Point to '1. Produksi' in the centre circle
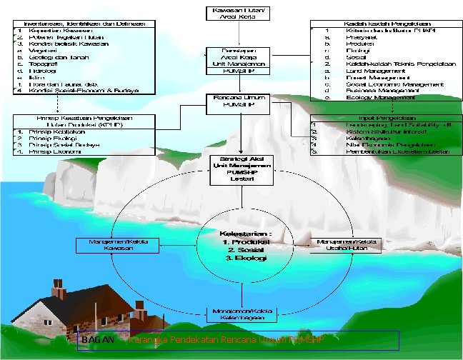tap(246, 244)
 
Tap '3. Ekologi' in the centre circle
tap(244, 258)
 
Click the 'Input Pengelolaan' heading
tap(381, 118)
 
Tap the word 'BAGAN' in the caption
tap(97, 340)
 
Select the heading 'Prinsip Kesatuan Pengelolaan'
tap(83, 118)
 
